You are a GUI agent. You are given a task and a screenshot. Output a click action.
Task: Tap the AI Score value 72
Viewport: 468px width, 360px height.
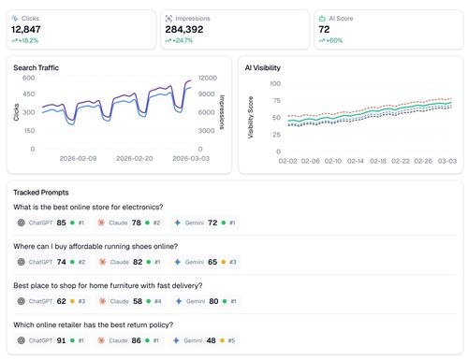[323, 30]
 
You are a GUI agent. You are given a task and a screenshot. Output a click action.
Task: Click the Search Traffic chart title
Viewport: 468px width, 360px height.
[37, 68]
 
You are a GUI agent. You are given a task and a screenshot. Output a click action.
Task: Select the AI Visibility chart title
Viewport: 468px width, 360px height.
[262, 68]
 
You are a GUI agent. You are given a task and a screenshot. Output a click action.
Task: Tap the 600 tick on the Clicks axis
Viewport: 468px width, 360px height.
[28, 79]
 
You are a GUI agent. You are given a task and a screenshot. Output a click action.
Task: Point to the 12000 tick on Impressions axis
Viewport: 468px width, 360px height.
[208, 79]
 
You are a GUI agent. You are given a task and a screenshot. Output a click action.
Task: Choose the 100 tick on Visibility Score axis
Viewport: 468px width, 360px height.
[275, 83]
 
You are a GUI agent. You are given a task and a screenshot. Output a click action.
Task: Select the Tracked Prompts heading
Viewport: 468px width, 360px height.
[41, 192]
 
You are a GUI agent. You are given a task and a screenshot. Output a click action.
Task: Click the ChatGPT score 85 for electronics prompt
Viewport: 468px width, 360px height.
[61, 223]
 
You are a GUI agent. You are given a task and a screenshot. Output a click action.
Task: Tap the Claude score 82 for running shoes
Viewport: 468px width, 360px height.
[138, 263]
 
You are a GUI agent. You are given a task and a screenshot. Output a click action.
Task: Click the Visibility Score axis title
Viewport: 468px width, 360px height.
[250, 118]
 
